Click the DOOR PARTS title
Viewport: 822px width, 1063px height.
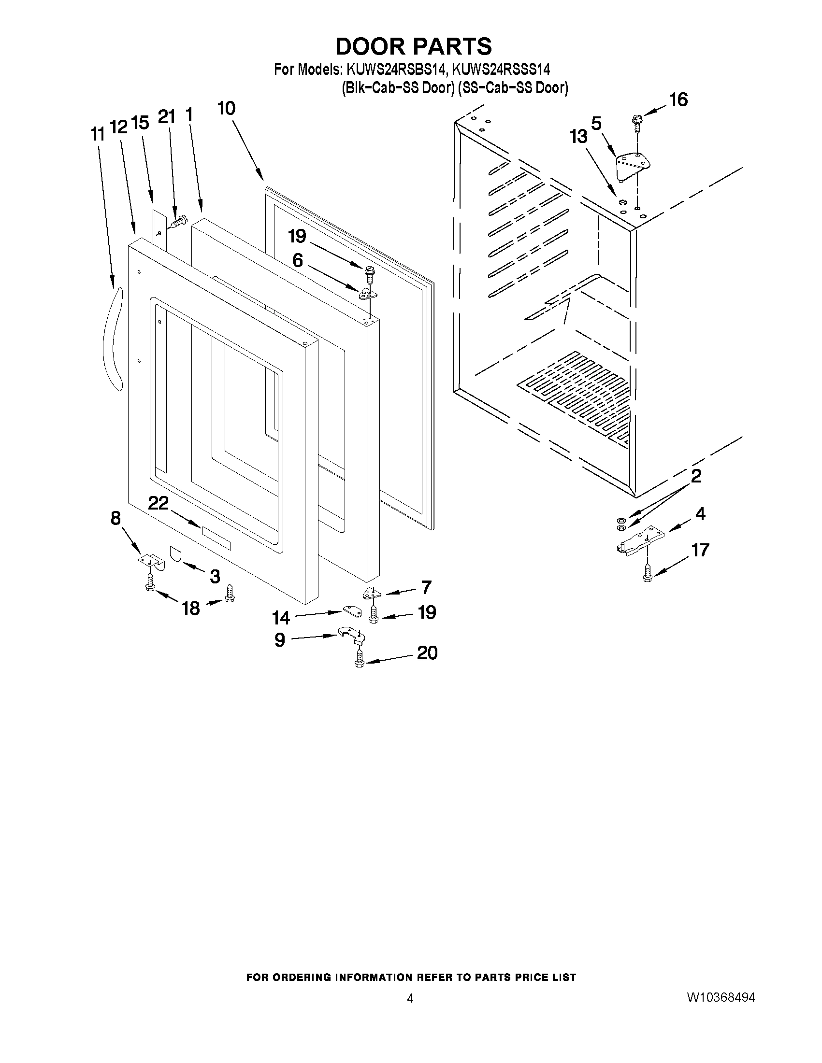click(414, 46)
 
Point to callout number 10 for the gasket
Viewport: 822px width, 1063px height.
click(227, 108)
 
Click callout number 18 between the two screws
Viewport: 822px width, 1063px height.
click(191, 608)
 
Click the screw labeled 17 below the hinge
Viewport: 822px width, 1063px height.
click(647, 573)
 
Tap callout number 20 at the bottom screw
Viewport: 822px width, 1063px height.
click(427, 652)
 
